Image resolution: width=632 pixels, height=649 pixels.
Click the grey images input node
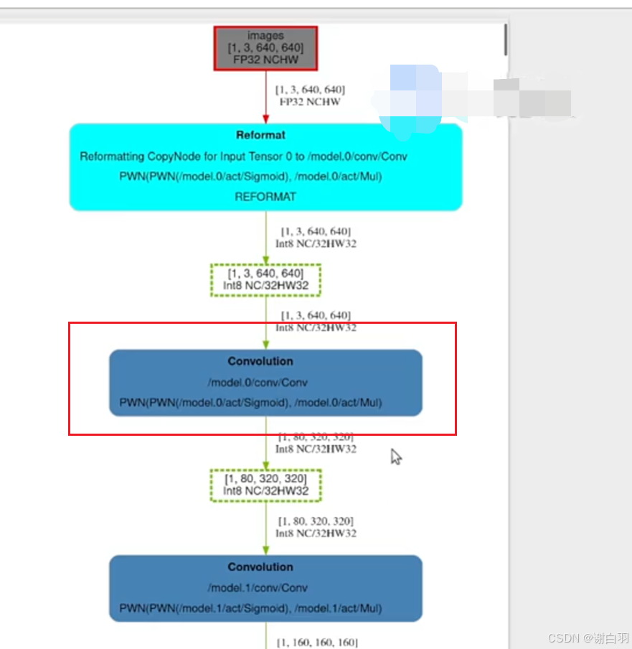265,48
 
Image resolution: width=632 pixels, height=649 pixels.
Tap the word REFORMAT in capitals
265,196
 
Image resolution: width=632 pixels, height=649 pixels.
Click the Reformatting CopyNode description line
244,156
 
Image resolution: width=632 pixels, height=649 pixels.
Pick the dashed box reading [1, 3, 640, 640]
265,280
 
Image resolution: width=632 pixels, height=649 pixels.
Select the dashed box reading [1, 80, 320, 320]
265,485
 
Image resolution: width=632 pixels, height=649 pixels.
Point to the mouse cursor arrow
395,457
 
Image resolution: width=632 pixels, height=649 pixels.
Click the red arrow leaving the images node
265,97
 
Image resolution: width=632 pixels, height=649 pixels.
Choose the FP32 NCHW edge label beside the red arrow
310,102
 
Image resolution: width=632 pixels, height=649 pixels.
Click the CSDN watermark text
588,638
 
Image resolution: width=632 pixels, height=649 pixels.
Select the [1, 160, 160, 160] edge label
316,643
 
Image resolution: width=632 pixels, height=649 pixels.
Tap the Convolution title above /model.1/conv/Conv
260,566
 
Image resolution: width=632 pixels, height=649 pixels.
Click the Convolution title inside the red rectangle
260,361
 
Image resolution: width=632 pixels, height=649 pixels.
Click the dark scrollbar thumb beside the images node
506,39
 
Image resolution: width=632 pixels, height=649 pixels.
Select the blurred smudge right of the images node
473,97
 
